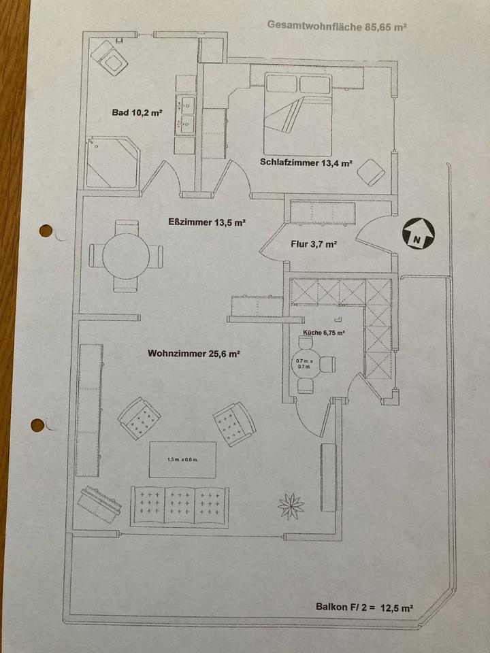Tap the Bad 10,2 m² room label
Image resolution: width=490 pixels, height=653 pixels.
(x=137, y=113)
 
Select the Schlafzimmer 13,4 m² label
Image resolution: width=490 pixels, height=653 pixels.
(x=306, y=163)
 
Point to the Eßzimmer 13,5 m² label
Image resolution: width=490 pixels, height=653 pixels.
(x=207, y=222)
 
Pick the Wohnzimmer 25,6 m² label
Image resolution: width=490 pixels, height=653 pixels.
(x=193, y=354)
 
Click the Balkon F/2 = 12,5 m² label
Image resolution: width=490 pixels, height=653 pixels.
(x=365, y=607)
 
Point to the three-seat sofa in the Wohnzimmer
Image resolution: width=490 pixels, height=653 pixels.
(x=180, y=506)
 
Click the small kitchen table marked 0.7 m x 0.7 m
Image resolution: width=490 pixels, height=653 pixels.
(x=304, y=365)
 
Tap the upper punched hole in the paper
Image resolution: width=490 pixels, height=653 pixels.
(x=46, y=231)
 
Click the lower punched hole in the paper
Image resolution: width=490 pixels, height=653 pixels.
(x=37, y=426)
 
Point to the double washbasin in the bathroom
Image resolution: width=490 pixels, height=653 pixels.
(x=185, y=114)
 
